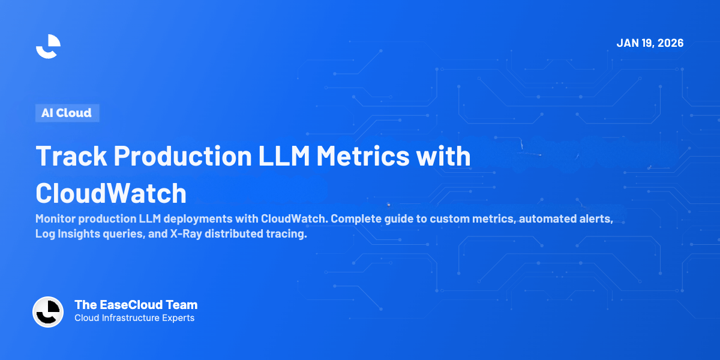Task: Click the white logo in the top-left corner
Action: click(48, 47)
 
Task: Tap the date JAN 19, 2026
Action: click(650, 43)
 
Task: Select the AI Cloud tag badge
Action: click(67, 113)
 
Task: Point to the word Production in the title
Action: click(182, 156)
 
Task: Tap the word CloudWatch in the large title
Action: click(111, 193)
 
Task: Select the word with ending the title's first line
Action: click(449, 156)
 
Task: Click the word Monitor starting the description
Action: click(58, 219)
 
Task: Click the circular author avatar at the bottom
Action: click(48, 312)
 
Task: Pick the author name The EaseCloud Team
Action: click(136, 305)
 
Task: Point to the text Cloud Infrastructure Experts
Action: click(134, 318)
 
